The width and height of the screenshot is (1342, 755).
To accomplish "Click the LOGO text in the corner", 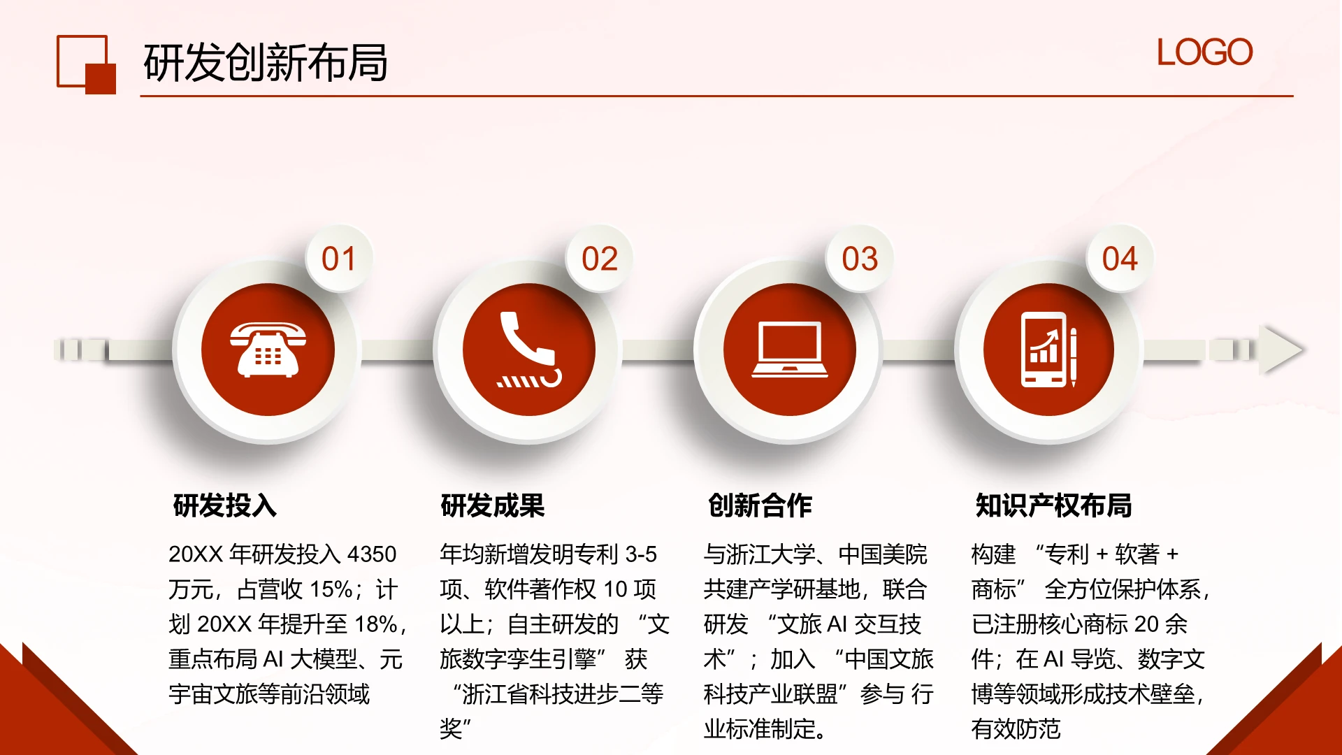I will tap(1204, 53).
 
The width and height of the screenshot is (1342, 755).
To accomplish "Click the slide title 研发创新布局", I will tap(265, 63).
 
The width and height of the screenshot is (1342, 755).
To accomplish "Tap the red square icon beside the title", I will tap(86, 64).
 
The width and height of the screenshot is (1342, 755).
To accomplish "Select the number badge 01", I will tap(339, 259).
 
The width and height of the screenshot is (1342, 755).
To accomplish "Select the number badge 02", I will tap(600, 259).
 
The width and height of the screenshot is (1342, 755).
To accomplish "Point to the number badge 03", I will tap(860, 259).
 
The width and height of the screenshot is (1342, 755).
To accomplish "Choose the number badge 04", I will tap(1120, 259).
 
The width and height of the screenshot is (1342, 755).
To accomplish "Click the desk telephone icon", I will tap(268, 350).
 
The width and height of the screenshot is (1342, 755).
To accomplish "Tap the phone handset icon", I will tap(529, 350).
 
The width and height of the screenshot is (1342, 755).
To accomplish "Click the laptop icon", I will tap(790, 350).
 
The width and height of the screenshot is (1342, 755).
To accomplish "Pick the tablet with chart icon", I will tap(1049, 350).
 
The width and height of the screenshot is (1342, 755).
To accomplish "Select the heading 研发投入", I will tap(225, 505).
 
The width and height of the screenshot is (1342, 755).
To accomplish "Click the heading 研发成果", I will tap(493, 505).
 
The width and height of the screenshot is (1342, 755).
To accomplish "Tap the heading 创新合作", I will tap(760, 505).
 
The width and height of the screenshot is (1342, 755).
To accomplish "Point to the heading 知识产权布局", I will tap(1054, 505).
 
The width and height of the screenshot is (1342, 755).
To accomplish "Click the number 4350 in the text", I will tap(372, 554).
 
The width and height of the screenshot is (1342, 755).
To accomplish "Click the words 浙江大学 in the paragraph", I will tap(770, 554).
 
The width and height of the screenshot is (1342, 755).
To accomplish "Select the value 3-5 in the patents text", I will tap(641, 554).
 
